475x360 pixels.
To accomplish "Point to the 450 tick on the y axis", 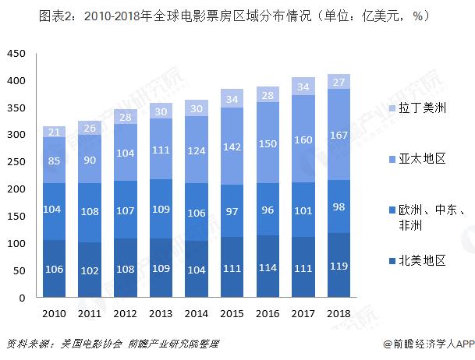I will click(16, 54).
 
